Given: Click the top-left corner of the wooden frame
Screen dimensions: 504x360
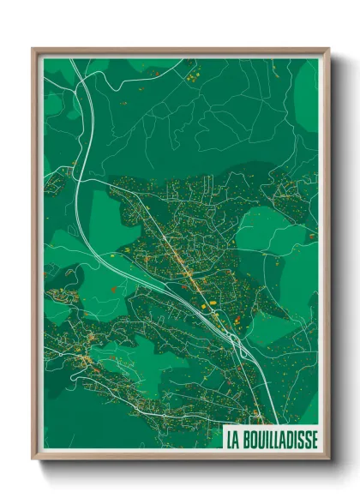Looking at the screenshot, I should point(33,49).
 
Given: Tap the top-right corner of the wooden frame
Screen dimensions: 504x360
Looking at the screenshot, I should point(328,49).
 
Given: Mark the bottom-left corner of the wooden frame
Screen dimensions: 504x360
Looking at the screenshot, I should point(33,459).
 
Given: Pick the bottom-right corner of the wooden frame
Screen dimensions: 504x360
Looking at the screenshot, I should point(328,459).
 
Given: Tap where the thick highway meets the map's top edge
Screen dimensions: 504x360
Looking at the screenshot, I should point(79,59).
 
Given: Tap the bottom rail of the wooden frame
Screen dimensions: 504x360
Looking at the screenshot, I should point(180,455).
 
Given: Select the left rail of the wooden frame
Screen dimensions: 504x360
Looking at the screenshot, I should point(37,257).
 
